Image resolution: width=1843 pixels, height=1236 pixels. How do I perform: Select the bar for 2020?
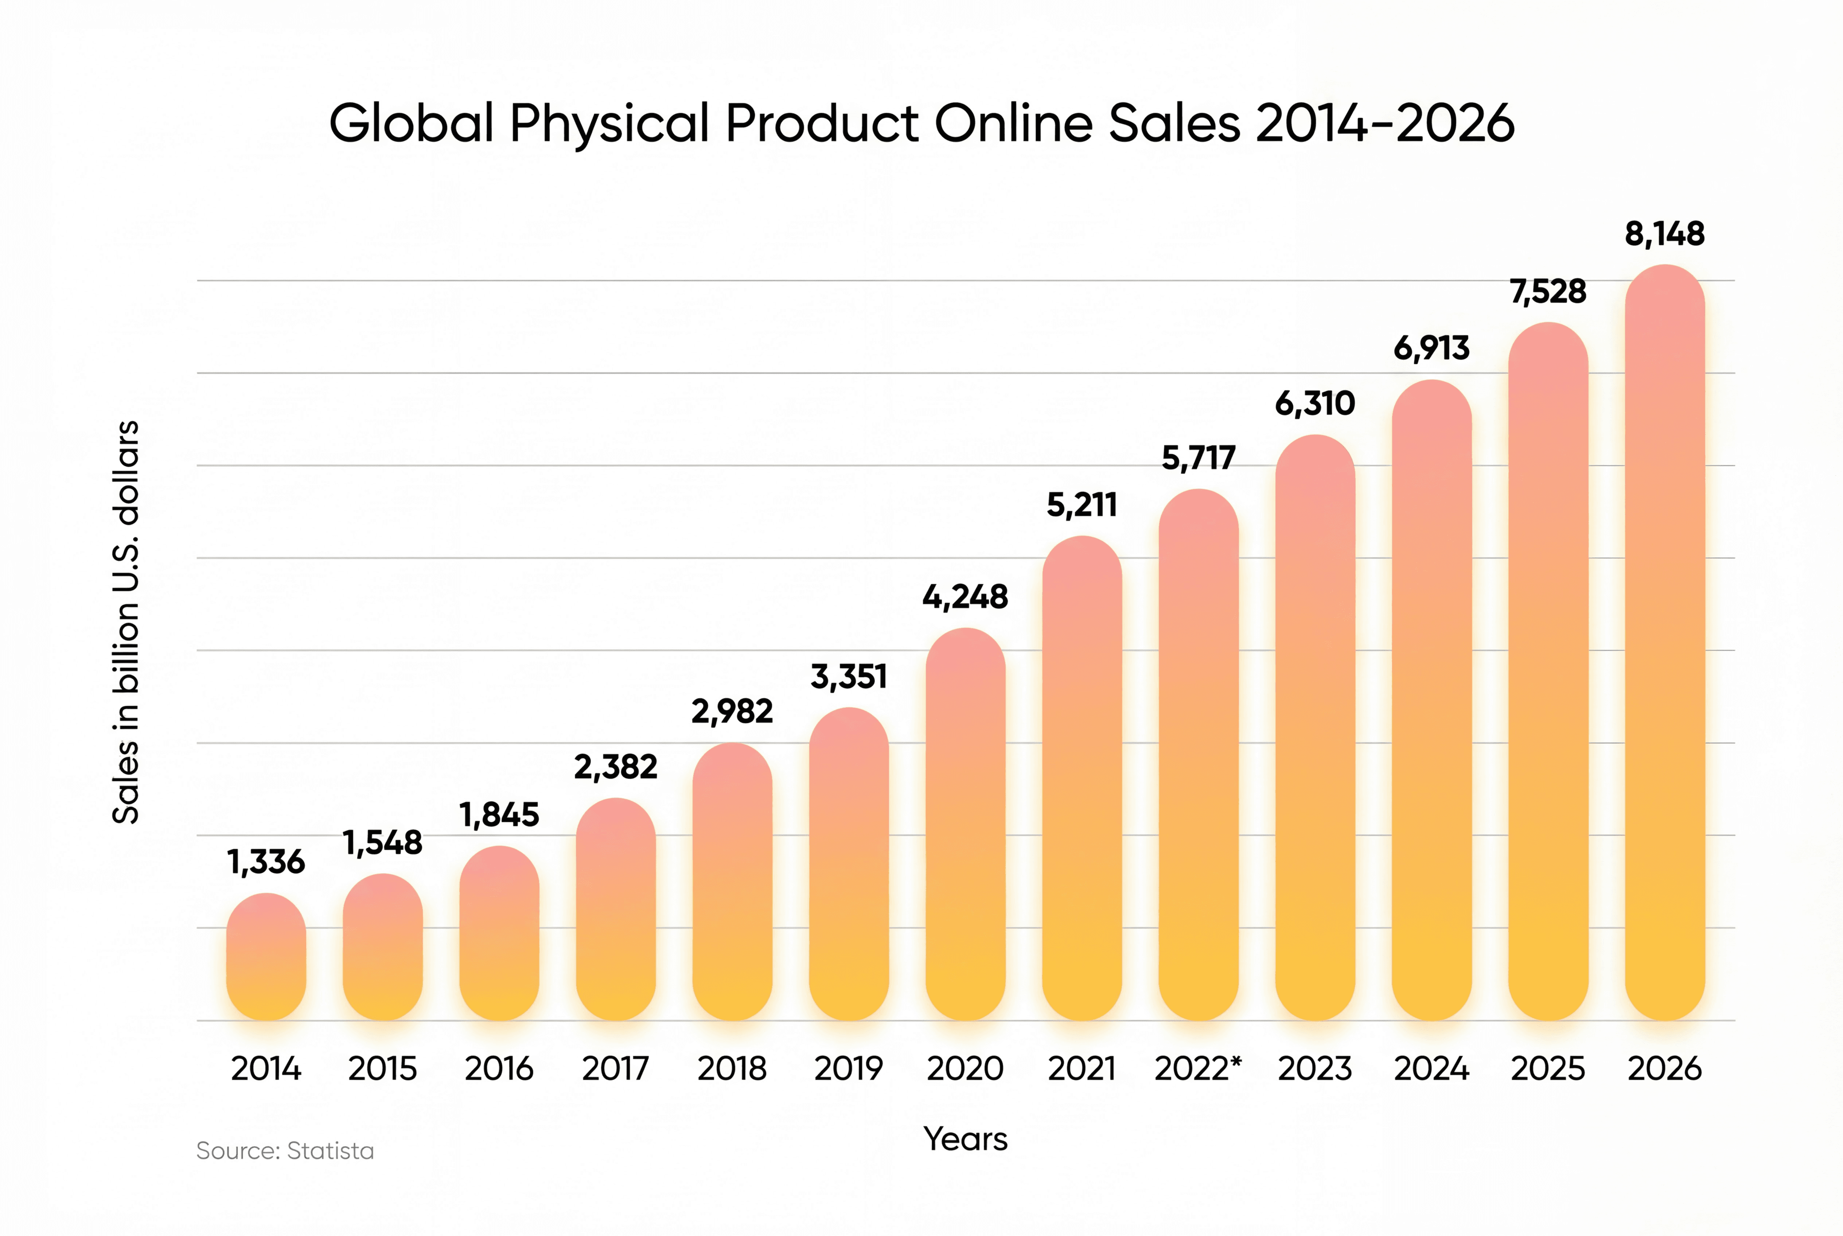pyautogui.click(x=965, y=824)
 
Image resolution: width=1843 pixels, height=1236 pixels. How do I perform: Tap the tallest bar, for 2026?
pyautogui.click(x=1665, y=642)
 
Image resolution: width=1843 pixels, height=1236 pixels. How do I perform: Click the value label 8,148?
pyautogui.click(x=1665, y=234)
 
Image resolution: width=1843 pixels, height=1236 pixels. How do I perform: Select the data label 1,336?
pyautogui.click(x=266, y=863)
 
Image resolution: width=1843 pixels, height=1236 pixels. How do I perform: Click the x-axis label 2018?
pyautogui.click(x=732, y=1069)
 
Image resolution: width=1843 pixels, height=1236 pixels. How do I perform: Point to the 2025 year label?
pyautogui.click(x=1547, y=1069)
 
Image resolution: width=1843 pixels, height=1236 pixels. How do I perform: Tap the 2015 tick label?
pyautogui.click(x=382, y=1069)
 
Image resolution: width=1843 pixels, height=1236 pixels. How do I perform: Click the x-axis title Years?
pyautogui.click(x=965, y=1139)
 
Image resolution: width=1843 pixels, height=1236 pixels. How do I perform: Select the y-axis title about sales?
pyautogui.click(x=126, y=623)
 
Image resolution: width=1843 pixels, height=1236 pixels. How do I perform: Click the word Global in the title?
pyautogui.click(x=412, y=124)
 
